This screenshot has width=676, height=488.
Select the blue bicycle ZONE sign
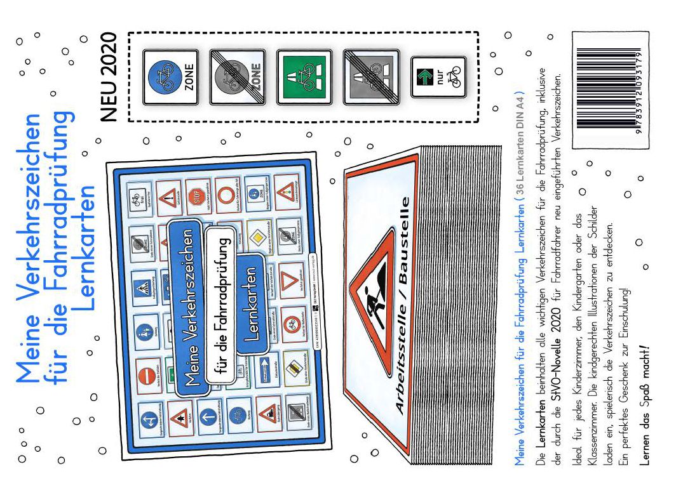coord(165,77)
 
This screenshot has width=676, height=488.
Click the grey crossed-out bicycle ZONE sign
coord(236,77)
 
